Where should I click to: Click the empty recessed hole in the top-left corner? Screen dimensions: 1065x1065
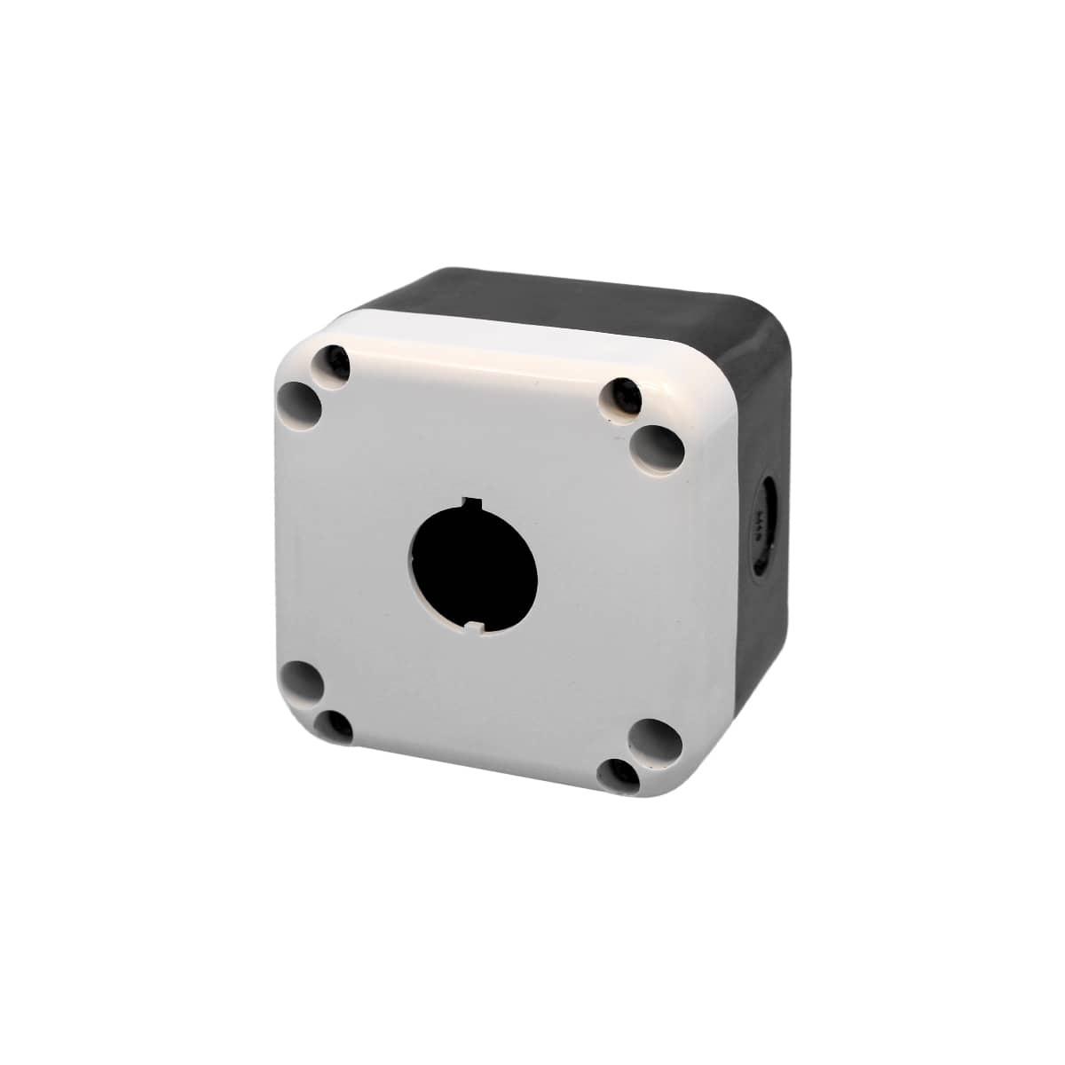point(301,404)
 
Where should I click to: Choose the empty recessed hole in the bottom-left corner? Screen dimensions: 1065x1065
point(302,682)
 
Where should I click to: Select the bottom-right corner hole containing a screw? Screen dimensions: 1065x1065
point(620,775)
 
